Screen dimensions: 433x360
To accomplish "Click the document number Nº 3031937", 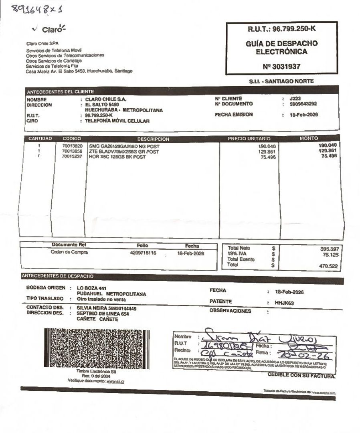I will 280,67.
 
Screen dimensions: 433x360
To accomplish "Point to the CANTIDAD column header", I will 40,139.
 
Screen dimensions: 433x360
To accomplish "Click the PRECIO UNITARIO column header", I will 249,139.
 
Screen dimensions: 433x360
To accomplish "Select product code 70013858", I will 72,152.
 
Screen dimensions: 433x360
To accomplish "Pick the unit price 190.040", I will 268,146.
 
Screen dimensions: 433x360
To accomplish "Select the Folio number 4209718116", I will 143,253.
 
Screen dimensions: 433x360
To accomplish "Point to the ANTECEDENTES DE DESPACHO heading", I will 57,276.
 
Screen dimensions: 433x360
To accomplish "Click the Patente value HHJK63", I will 284,304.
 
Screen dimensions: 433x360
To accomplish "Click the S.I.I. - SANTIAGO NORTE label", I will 281,81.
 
